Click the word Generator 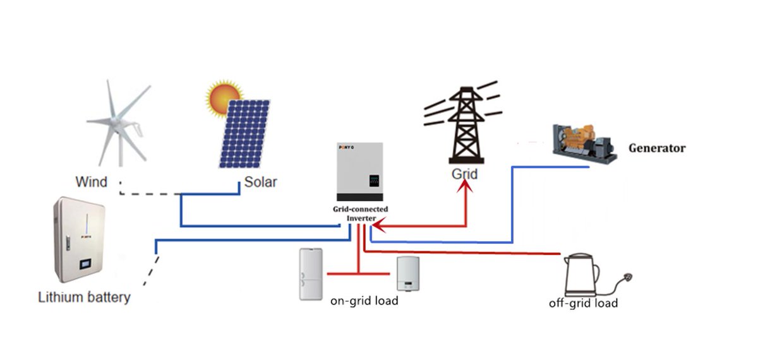point(656,148)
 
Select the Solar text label point(260,183)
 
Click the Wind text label point(91,183)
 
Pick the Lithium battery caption point(84,297)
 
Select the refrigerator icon point(311,273)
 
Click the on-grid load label point(364,301)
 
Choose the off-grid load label point(582,303)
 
